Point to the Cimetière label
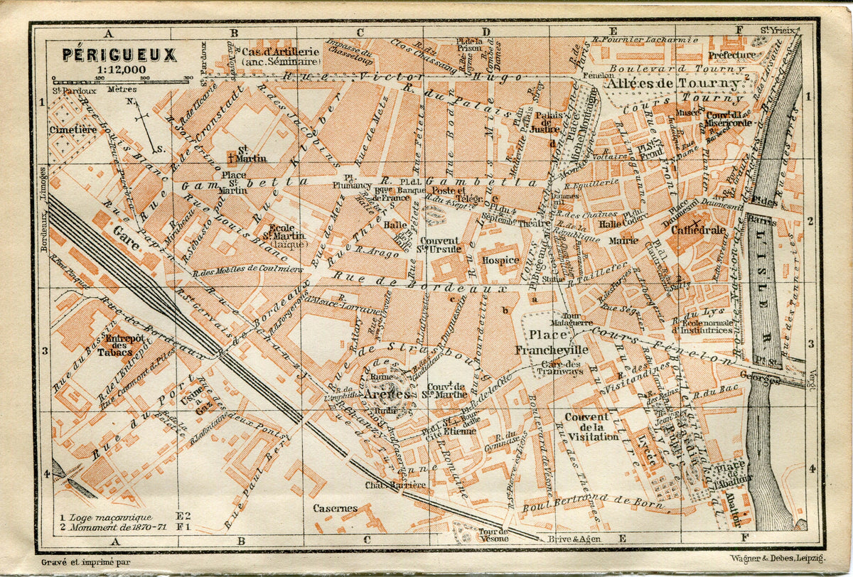pos(73,129)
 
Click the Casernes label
pos(336,508)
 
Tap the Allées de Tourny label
pos(672,83)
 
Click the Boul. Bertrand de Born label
pos(594,505)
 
